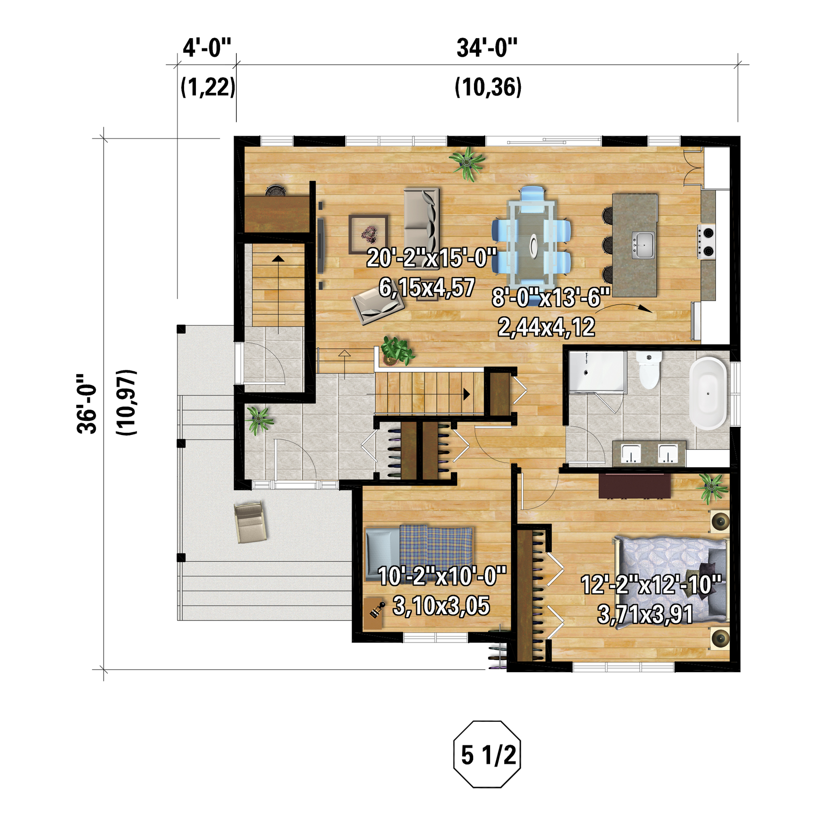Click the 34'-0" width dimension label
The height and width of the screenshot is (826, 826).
pos(487,48)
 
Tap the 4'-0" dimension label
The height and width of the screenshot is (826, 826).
pos(206,48)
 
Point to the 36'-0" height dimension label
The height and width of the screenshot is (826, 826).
pos(87,403)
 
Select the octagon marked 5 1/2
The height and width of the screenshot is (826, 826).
pos(487,755)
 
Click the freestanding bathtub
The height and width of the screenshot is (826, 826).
pos(708,393)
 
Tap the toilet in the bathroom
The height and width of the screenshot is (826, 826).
pos(649,370)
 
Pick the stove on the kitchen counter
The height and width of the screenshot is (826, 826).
pos(707,242)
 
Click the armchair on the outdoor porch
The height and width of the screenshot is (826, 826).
pos(250,522)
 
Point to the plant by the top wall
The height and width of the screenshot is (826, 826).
pos(468,163)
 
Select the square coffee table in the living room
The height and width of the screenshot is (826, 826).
pos(368,234)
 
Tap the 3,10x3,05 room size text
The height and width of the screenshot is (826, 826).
pos(441,606)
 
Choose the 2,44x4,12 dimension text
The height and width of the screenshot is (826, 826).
pos(546,327)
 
